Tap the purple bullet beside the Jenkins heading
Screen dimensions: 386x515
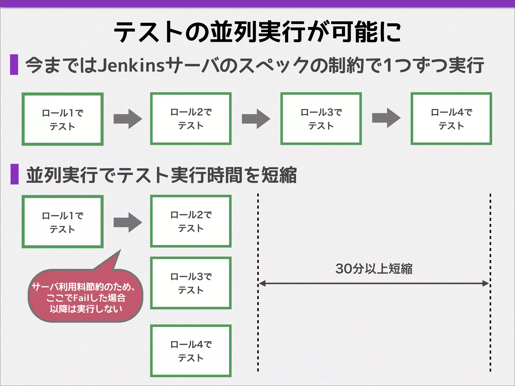pyautogui.click(x=14, y=65)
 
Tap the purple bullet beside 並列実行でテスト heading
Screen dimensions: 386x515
pyautogui.click(x=15, y=174)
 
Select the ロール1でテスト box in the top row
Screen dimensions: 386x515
pyautogui.click(x=63, y=119)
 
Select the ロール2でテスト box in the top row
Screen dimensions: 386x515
pyautogui.click(x=191, y=119)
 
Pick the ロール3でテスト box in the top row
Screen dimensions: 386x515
pyautogui.click(x=321, y=119)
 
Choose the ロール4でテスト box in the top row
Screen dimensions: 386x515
pyautogui.click(x=451, y=119)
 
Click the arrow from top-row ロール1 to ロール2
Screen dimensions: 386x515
pyautogui.click(x=128, y=119)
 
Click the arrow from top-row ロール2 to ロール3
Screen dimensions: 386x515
pyautogui.click(x=256, y=119)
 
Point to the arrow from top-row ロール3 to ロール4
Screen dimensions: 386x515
pyautogui.click(x=386, y=118)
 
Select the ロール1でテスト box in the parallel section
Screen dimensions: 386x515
pyautogui.click(x=63, y=222)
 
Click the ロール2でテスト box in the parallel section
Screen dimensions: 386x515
pyautogui.click(x=191, y=221)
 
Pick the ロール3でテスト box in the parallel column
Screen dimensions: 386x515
pyautogui.click(x=191, y=283)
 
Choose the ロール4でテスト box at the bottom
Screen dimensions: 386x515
pyautogui.click(x=191, y=351)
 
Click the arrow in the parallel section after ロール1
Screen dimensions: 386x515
pyautogui.click(x=128, y=222)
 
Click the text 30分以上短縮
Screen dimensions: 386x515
pyautogui.click(x=374, y=269)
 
